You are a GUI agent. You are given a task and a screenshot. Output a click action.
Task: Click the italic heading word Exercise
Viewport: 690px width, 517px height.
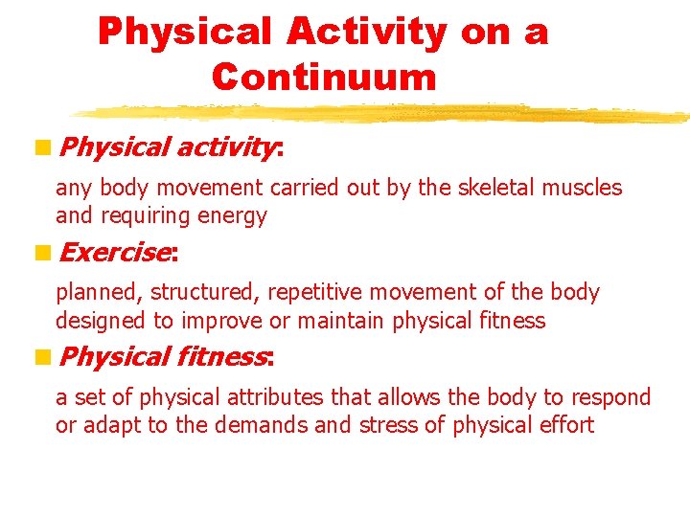(x=114, y=253)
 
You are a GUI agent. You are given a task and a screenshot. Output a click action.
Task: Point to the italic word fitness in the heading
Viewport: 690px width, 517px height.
(x=223, y=357)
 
